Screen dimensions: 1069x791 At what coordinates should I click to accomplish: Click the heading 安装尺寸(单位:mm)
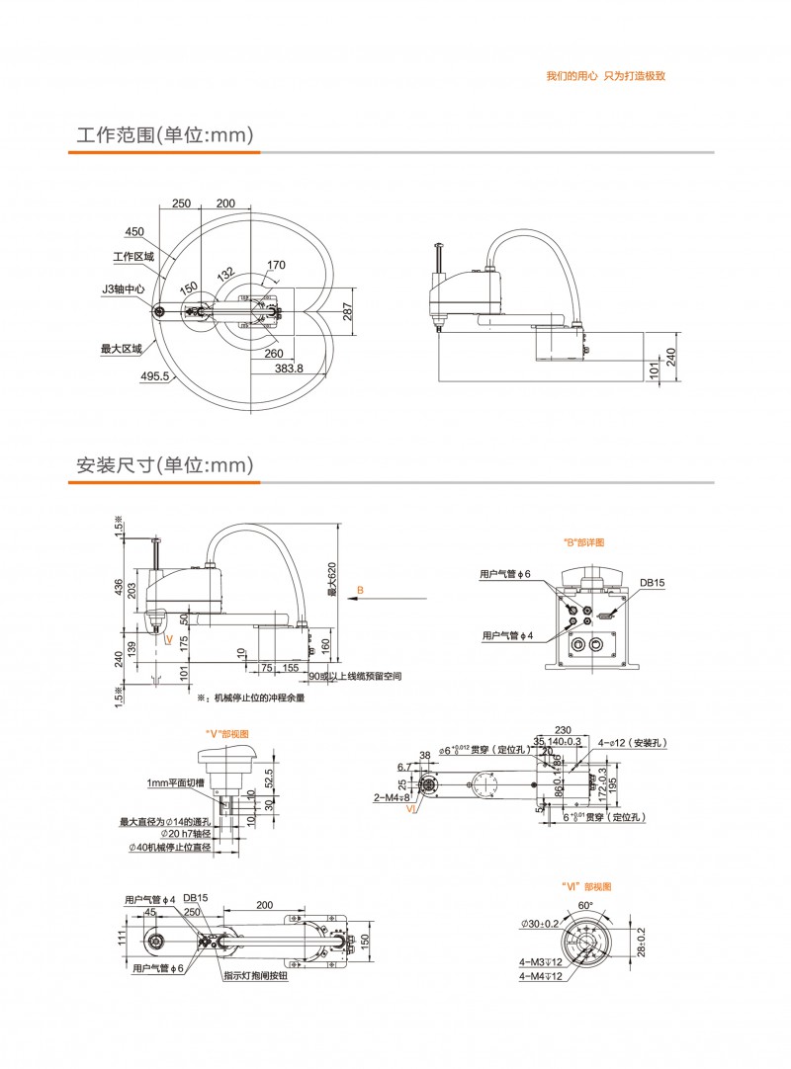click(x=165, y=465)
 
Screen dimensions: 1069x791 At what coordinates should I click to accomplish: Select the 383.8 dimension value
click(x=288, y=368)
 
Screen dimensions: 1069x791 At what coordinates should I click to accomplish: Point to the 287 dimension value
click(x=346, y=312)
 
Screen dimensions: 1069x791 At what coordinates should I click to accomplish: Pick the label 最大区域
click(x=122, y=348)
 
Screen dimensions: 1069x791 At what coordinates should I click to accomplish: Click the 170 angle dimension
click(x=276, y=265)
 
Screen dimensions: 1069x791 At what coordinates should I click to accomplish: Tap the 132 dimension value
click(x=225, y=274)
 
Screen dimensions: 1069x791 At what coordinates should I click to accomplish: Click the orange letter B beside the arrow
click(x=361, y=590)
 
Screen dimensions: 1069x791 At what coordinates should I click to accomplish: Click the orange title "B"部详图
click(x=583, y=542)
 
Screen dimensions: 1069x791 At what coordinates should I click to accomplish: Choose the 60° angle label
click(x=584, y=905)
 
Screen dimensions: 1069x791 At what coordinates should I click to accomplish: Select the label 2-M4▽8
click(x=393, y=796)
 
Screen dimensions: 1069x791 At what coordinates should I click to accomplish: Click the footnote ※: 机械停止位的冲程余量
click(x=250, y=698)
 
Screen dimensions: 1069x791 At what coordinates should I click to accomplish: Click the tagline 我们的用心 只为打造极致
click(x=605, y=76)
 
